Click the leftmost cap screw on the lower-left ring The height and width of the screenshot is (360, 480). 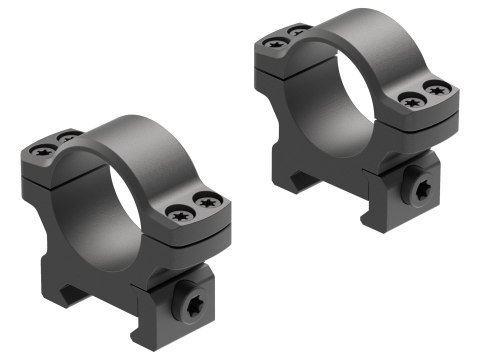pyautogui.click(x=43, y=150)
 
